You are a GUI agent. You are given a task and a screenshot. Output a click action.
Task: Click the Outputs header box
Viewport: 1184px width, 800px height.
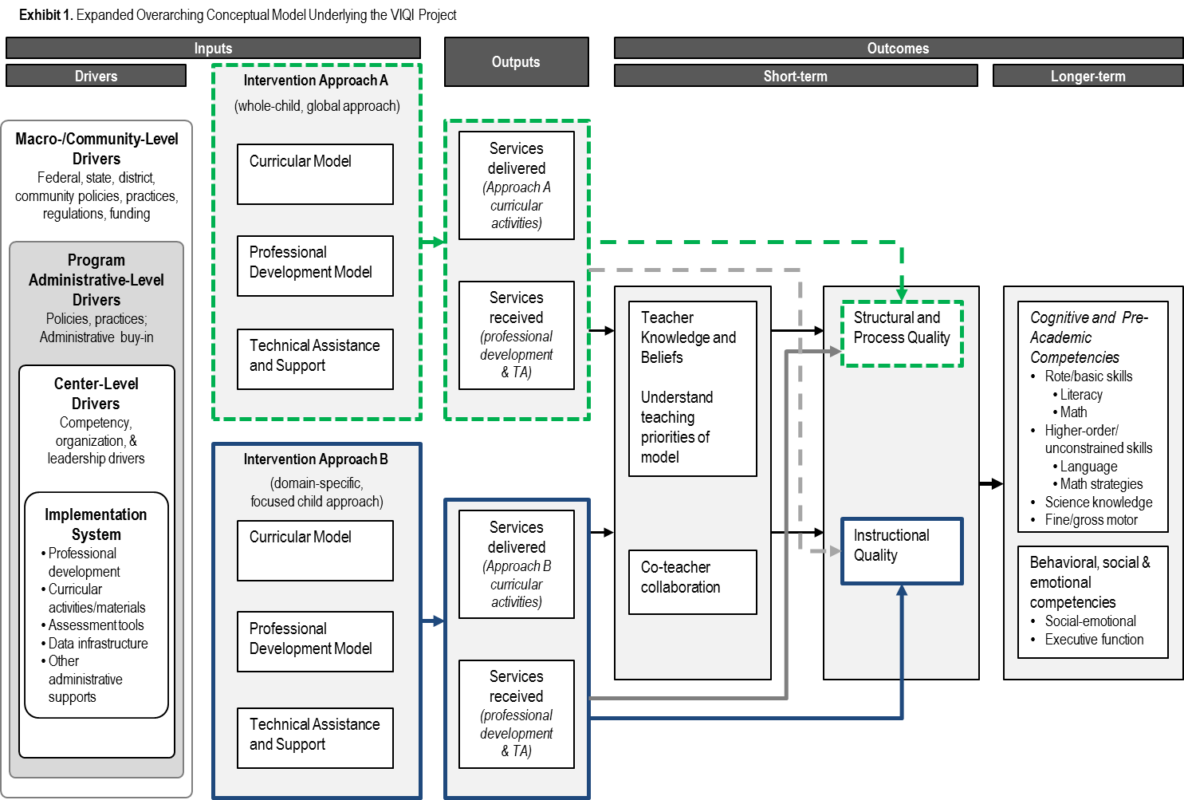coord(516,62)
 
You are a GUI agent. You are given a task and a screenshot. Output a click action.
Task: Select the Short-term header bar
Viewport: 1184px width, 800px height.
coord(795,76)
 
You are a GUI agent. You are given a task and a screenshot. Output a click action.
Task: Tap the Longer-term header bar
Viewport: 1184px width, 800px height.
coord(1088,76)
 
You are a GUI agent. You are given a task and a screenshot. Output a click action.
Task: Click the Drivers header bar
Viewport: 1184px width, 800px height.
coord(96,76)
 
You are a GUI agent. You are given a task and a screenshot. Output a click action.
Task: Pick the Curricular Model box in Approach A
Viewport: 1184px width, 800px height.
coord(315,174)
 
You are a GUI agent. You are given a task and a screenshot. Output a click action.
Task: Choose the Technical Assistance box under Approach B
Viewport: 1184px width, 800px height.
coord(315,738)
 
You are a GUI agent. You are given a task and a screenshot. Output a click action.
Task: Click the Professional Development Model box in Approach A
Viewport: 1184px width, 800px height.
coord(315,266)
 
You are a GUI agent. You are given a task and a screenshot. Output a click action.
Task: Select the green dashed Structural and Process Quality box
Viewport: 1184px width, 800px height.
coord(902,333)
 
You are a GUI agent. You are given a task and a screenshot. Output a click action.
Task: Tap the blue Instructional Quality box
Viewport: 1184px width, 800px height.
coord(902,551)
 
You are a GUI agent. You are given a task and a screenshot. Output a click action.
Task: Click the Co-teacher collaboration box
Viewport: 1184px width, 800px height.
coord(692,582)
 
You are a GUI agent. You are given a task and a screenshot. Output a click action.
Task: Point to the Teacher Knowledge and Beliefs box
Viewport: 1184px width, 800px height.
coord(692,388)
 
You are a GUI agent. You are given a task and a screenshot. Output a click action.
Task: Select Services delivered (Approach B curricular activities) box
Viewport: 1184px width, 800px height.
coord(517,564)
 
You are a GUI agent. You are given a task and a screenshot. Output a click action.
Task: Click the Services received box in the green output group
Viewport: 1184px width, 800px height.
coord(517,335)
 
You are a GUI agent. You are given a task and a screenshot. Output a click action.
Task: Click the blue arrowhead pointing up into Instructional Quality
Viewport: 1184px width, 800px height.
coord(902,591)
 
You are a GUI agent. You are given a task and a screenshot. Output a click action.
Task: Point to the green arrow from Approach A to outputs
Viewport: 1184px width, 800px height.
coord(434,241)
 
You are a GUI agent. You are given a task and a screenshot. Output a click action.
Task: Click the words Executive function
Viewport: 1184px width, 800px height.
coord(1094,640)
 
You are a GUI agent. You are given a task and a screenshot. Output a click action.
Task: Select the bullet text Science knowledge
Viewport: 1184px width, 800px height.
coord(1099,502)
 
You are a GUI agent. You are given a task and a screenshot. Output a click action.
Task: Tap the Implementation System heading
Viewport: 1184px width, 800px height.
coord(96,524)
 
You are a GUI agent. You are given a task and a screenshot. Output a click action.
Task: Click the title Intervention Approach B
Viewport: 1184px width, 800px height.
coord(316,459)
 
